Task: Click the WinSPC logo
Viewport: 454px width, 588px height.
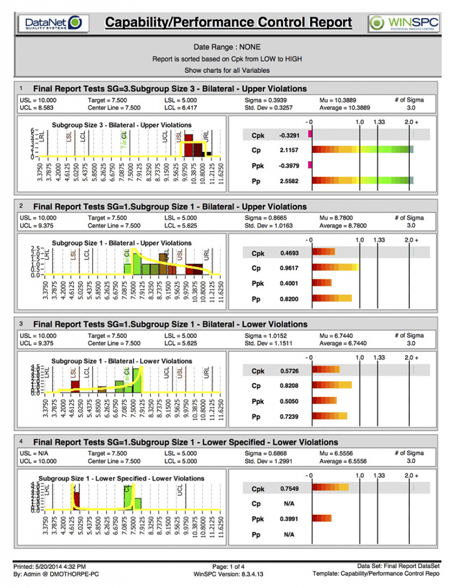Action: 405,24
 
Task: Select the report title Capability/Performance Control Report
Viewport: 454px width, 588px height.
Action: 228,22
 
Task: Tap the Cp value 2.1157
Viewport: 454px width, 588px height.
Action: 286,150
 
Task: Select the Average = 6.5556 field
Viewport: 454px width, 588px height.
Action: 343,461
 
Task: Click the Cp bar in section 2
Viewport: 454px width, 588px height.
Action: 336,268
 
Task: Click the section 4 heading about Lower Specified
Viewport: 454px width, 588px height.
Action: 185,442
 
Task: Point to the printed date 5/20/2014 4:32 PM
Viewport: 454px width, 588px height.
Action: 57,566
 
